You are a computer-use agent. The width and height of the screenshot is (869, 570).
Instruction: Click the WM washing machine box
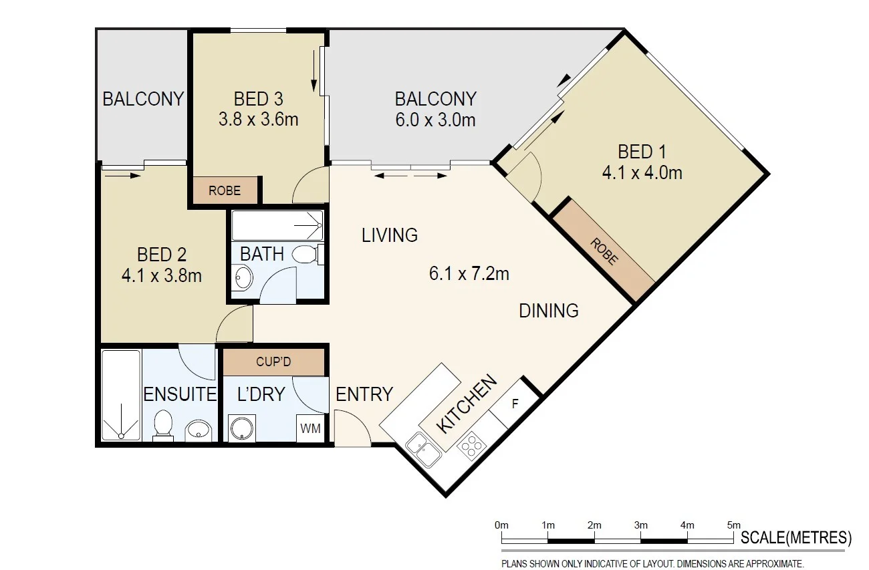click(310, 428)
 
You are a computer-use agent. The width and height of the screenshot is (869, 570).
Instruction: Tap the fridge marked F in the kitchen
click(514, 404)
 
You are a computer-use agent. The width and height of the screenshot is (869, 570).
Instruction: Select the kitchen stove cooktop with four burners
click(471, 446)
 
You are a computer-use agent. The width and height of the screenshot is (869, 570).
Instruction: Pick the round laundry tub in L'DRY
click(239, 428)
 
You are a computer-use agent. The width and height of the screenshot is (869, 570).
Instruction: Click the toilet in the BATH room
click(307, 254)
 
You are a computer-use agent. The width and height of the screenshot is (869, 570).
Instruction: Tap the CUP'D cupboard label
click(273, 362)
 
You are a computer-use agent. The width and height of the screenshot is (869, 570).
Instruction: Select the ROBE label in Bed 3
click(225, 190)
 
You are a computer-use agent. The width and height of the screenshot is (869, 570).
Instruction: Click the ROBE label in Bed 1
click(604, 251)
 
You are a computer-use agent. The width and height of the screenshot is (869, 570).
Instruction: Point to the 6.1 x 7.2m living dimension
click(469, 274)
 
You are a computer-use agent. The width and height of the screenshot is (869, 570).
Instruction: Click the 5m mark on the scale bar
click(733, 525)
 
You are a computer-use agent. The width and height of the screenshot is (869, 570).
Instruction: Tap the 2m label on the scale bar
click(594, 525)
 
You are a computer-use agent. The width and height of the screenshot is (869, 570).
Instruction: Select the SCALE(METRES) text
click(796, 537)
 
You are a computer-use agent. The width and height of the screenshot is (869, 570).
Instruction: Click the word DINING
click(549, 311)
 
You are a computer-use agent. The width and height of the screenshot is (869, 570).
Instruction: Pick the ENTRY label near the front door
click(364, 395)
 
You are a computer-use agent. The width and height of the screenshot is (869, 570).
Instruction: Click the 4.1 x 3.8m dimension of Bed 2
click(161, 275)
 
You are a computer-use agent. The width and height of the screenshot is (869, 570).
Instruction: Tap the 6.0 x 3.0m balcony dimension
click(435, 120)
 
